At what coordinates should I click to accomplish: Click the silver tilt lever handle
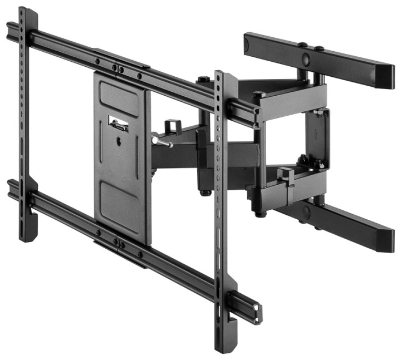[162, 142]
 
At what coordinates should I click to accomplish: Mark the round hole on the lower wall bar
[305, 212]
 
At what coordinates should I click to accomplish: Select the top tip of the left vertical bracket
[22, 10]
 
